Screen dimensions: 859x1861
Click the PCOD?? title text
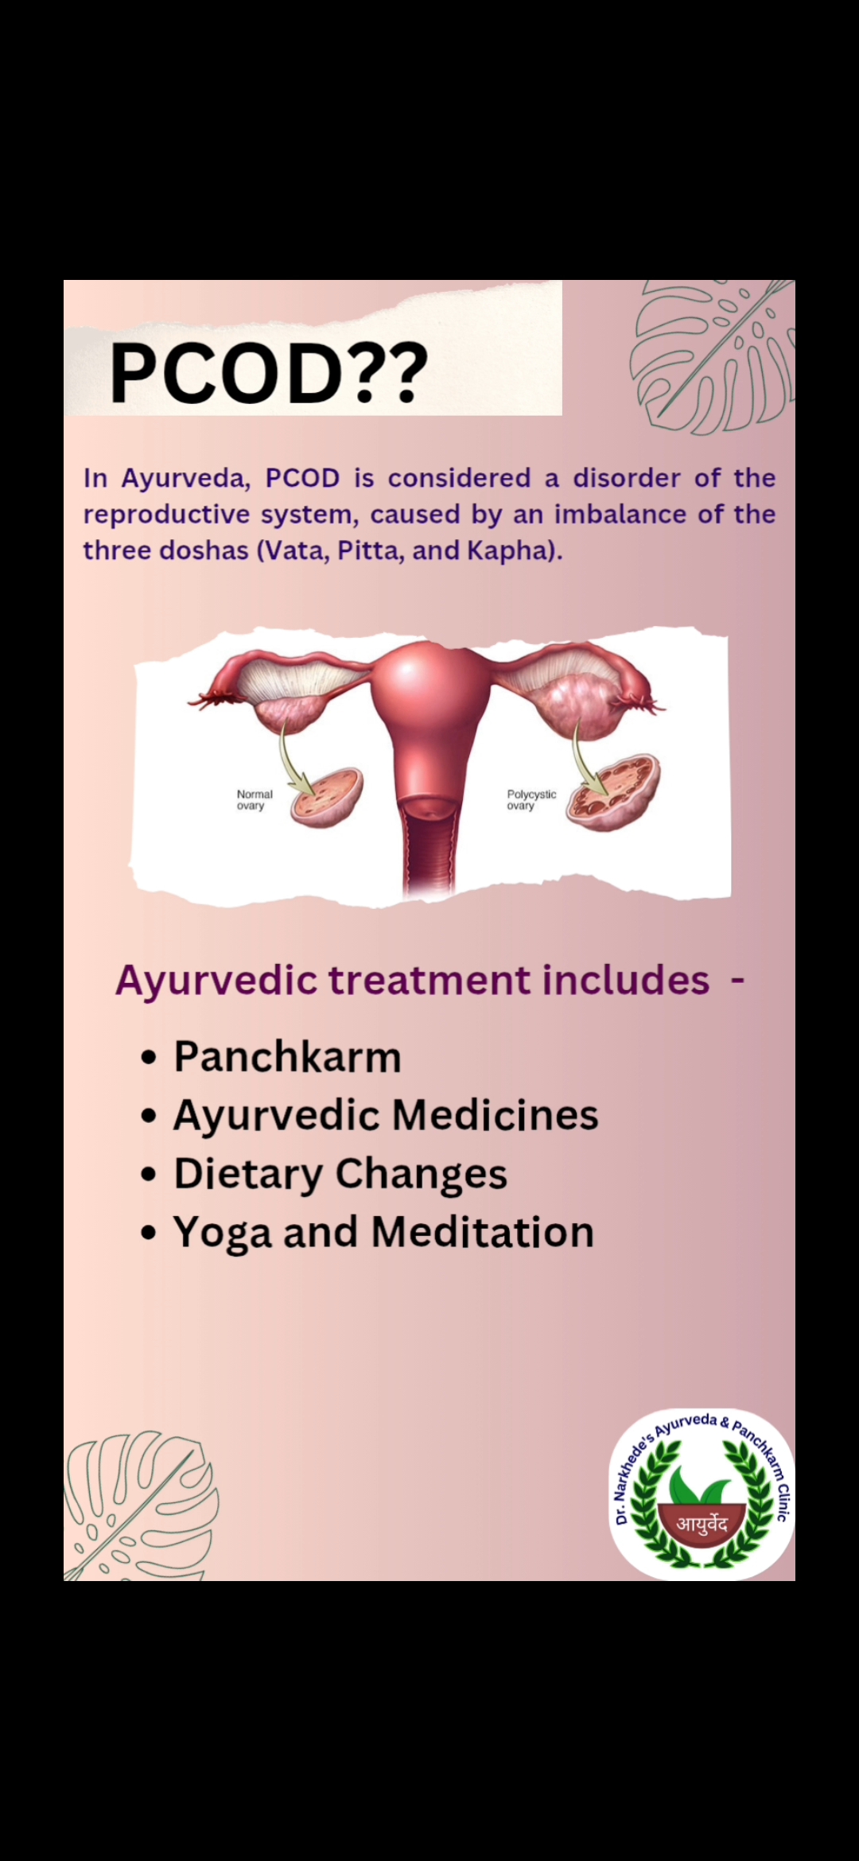click(x=269, y=372)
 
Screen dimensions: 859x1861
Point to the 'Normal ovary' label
click(x=255, y=800)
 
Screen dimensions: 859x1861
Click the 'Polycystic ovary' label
click(x=531, y=800)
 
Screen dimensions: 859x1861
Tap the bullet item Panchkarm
click(x=287, y=1057)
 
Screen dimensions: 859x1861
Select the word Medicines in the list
click(x=496, y=1115)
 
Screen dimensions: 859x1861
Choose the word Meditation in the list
click(x=483, y=1232)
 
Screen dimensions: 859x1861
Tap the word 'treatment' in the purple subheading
click(x=429, y=980)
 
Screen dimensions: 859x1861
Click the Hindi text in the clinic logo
click(x=702, y=1523)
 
